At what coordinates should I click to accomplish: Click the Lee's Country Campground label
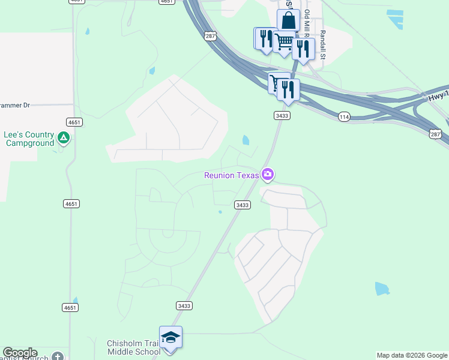[x=29, y=139]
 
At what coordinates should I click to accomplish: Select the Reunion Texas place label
[x=232, y=175]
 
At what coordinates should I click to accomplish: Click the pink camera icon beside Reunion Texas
[x=268, y=175]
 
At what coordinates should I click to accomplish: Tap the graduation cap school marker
[x=170, y=338]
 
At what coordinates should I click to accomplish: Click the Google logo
[x=19, y=353]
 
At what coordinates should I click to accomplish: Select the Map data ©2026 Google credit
[x=412, y=355]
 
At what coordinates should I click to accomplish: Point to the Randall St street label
[x=322, y=44]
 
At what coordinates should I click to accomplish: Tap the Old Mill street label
[x=307, y=24]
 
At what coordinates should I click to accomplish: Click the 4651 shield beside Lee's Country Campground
[x=74, y=122]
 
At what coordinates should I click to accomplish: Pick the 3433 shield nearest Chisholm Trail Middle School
[x=184, y=305]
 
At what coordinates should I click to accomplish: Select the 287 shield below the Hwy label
[x=436, y=133]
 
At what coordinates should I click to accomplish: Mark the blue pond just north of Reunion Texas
[x=246, y=141]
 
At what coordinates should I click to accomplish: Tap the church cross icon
[x=57, y=357]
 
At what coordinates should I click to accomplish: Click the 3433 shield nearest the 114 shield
[x=282, y=115]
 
